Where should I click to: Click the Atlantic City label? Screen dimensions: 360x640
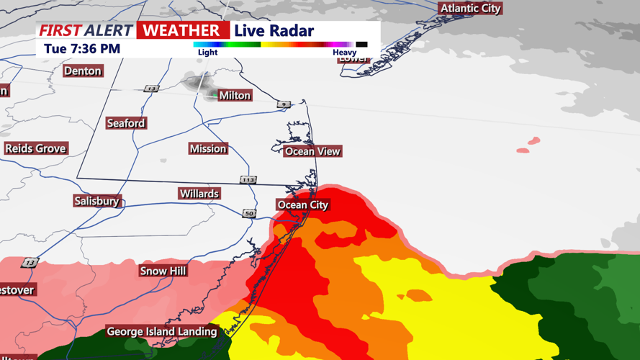pyautogui.click(x=470, y=9)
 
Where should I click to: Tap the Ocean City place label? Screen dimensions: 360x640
pyautogui.click(x=303, y=205)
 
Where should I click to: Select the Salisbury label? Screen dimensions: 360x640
pyautogui.click(x=96, y=202)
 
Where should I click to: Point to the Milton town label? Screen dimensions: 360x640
pyautogui.click(x=234, y=95)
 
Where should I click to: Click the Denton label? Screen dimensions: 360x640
pyautogui.click(x=83, y=71)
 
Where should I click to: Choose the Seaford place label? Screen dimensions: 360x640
pyautogui.click(x=126, y=124)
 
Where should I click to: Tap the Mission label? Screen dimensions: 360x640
pyautogui.click(x=208, y=149)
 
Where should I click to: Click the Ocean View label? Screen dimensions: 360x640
pyautogui.click(x=312, y=151)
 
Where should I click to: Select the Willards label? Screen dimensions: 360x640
pyautogui.click(x=199, y=194)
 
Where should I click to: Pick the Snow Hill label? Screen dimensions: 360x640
pyautogui.click(x=163, y=271)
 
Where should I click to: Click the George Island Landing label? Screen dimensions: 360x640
pyautogui.click(x=162, y=332)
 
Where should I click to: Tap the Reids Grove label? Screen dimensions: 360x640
pyautogui.click(x=35, y=149)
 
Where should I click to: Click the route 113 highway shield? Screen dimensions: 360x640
pyautogui.click(x=248, y=180)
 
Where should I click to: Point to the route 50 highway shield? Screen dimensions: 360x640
pyautogui.click(x=249, y=214)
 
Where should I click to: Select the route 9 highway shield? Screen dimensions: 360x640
pyautogui.click(x=284, y=104)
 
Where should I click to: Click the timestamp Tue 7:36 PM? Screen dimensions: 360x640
pyautogui.click(x=82, y=49)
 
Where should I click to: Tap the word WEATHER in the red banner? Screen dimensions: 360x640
pyautogui.click(x=182, y=30)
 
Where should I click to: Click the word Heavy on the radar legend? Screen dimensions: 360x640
pyautogui.click(x=344, y=53)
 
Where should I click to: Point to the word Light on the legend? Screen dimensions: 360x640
pyautogui.click(x=207, y=53)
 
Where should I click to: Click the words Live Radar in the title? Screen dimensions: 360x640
pyautogui.click(x=274, y=30)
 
